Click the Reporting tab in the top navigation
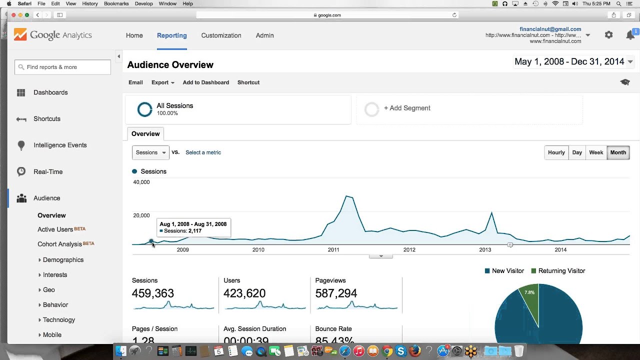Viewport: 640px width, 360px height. click(171, 35)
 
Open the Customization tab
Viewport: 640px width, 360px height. click(221, 35)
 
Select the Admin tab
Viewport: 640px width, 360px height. click(264, 35)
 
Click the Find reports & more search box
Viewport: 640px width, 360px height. click(63, 67)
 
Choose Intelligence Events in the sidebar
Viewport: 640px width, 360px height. click(60, 145)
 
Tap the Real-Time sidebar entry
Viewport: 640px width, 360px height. click(48, 172)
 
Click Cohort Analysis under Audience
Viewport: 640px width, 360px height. click(59, 244)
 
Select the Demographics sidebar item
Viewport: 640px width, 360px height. click(63, 260)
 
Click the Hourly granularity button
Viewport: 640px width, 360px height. click(556, 152)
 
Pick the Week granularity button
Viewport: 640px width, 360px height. click(596, 152)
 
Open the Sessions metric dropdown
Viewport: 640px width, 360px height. click(150, 152)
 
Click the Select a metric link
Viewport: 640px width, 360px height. click(203, 152)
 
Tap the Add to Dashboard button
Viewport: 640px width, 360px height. click(205, 82)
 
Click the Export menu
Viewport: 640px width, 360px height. click(162, 82)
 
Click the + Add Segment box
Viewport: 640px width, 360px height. click(406, 108)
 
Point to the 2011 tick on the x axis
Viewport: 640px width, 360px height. click(333, 249)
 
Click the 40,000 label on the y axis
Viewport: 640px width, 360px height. click(141, 182)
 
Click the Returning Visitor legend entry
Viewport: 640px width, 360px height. click(558, 271)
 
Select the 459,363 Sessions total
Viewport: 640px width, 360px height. click(153, 293)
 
